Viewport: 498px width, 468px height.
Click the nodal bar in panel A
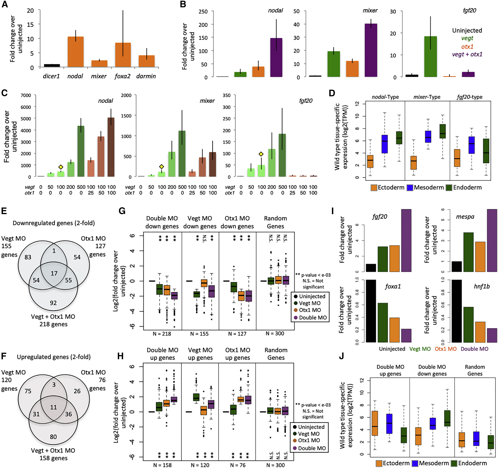(76, 52)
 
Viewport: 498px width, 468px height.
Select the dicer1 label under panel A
(51, 76)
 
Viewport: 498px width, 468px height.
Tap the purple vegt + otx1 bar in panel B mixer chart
(371, 50)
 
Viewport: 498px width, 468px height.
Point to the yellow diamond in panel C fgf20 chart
(261, 154)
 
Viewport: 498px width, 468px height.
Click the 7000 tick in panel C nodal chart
(26, 95)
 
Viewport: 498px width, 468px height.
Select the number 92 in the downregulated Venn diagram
(53, 303)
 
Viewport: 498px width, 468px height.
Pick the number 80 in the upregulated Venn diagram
(53, 437)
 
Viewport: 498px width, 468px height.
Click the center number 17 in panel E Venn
(54, 273)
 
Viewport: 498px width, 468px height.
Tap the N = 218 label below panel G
(162, 334)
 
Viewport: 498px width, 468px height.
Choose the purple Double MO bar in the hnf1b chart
(492, 335)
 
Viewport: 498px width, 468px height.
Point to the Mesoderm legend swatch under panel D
(410, 188)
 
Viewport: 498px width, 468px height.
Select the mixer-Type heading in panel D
(427, 97)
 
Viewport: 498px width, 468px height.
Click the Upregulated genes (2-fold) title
(54, 357)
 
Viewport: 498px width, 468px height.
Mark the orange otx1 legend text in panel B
(467, 46)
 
